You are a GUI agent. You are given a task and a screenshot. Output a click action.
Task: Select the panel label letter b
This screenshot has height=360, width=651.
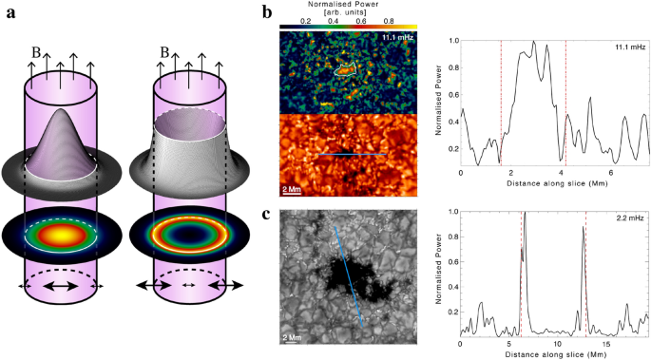268,12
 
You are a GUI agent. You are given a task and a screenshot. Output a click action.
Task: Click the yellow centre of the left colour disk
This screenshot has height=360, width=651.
59,234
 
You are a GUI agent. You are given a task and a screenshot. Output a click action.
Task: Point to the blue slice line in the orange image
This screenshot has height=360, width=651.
351,153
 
